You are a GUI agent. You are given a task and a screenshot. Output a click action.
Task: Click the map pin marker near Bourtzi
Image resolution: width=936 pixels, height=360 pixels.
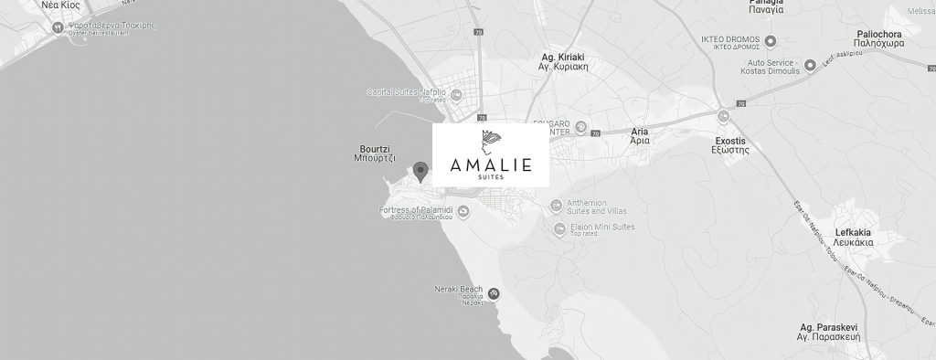[x=420, y=170]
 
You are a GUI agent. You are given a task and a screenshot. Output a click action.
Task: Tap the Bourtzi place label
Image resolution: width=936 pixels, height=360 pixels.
[x=375, y=153]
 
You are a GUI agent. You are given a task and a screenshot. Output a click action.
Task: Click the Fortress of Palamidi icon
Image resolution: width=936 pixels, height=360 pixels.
[x=463, y=212]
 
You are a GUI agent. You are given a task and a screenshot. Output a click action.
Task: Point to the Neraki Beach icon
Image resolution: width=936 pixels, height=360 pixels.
[x=494, y=293]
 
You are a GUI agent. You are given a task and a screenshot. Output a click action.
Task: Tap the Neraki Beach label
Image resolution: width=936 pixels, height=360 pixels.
[x=458, y=291]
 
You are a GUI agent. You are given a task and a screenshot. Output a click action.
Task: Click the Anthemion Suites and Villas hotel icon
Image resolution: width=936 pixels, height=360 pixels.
[x=557, y=206]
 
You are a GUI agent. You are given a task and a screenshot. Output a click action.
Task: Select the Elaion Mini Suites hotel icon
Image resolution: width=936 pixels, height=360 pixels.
[x=560, y=229]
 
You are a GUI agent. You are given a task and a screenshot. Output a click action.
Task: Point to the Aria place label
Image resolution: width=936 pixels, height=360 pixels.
[x=640, y=137]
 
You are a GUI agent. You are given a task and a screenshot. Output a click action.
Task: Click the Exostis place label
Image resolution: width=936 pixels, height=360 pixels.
[x=730, y=144]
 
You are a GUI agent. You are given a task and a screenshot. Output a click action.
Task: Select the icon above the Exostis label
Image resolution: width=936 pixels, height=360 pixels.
[x=724, y=116]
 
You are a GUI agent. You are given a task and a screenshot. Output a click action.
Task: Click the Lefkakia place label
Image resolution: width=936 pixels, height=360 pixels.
[x=855, y=238]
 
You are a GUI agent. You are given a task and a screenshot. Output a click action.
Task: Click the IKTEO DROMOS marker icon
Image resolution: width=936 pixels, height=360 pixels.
[x=771, y=40]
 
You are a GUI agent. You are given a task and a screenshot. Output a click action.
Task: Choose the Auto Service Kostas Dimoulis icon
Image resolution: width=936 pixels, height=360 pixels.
[x=811, y=66]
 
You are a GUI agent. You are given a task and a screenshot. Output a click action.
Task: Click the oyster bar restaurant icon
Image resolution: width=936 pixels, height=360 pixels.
[x=58, y=27]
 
